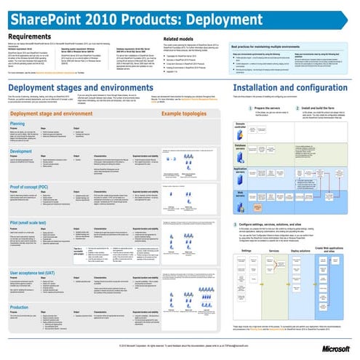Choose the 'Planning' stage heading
[17, 124]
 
